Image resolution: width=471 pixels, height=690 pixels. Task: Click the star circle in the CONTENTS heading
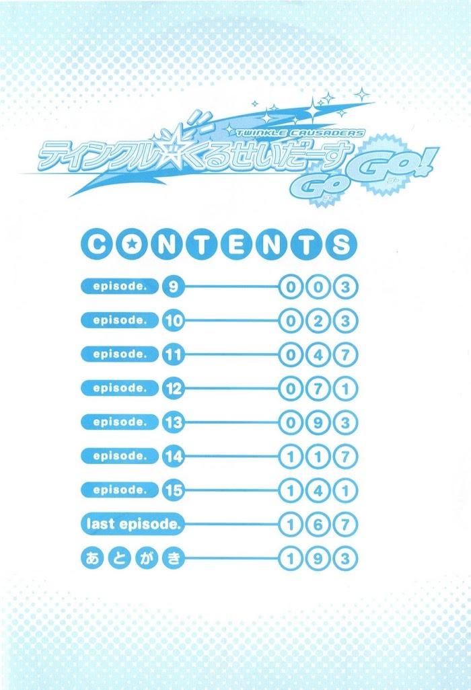131,244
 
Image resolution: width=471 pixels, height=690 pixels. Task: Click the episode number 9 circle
173,287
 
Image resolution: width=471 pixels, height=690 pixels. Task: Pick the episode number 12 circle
173,389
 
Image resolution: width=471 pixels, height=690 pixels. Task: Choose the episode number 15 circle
173,490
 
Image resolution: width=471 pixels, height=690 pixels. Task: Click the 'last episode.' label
133,524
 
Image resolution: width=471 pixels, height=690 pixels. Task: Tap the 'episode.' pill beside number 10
120,320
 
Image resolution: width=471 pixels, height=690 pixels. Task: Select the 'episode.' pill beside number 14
120,456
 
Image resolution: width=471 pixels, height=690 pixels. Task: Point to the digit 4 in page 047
318,355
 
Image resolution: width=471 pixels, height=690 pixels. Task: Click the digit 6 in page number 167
318,525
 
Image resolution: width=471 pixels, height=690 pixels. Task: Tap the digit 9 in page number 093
318,423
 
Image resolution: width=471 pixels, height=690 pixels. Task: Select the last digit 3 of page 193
346,558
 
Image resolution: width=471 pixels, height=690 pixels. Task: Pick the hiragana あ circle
92,558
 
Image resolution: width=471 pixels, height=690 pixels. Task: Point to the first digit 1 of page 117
291,457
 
